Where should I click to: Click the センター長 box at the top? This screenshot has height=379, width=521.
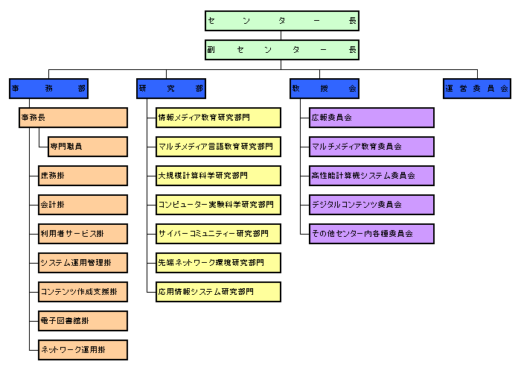[281, 21]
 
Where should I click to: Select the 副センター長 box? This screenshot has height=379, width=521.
[281, 50]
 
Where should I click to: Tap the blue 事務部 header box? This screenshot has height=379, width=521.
[48, 89]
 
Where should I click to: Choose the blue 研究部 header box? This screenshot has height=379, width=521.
[172, 89]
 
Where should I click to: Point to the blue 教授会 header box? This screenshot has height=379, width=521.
[325, 89]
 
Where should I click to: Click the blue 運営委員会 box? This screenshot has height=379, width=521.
[477, 89]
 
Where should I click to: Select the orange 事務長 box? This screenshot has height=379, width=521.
[73, 118]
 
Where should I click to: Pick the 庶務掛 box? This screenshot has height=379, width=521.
[83, 176]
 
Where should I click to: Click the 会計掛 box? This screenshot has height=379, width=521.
[83, 205]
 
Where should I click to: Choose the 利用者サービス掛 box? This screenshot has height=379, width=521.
[83, 234]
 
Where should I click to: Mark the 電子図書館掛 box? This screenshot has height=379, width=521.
[83, 321]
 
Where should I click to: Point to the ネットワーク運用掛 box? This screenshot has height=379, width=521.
[83, 350]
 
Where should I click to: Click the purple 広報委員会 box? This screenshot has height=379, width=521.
[371, 118]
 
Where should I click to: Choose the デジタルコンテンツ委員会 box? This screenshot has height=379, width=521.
[371, 205]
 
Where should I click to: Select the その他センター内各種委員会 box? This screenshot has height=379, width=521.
[371, 234]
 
